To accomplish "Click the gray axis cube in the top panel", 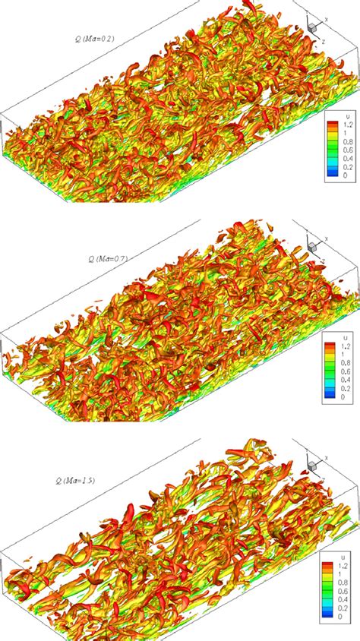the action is [x=311, y=28].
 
